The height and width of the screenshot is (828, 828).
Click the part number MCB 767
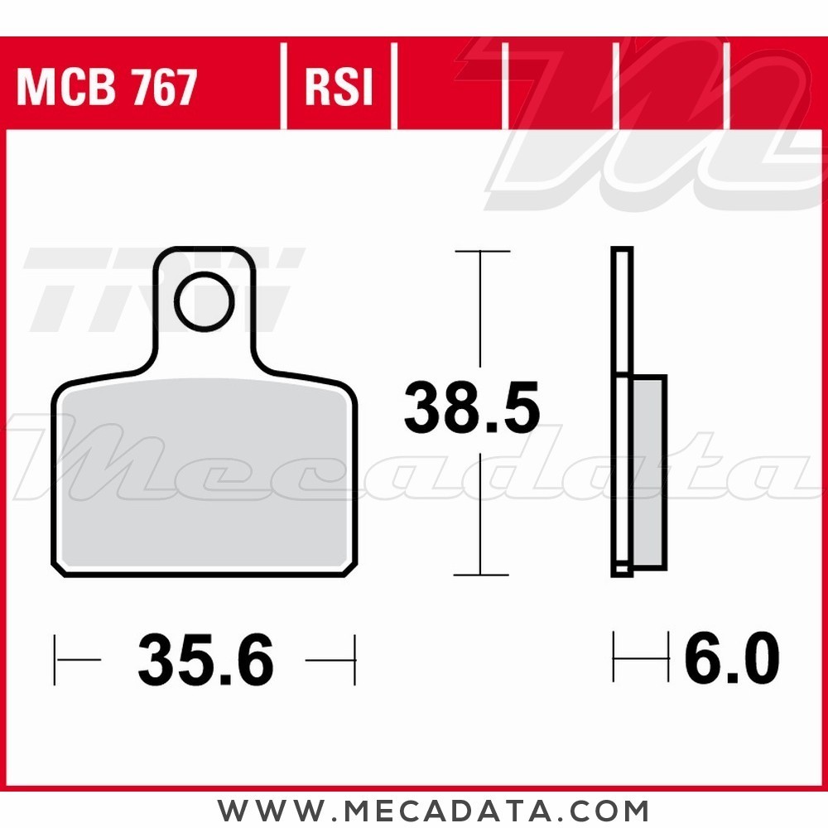pyautogui.click(x=107, y=87)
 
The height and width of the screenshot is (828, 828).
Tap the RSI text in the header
pyautogui.click(x=339, y=87)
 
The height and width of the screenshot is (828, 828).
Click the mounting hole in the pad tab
pyautogui.click(x=204, y=302)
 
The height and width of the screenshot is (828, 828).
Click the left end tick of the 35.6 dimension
pyautogui.click(x=55, y=660)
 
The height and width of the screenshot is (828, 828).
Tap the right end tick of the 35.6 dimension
pyautogui.click(x=354, y=660)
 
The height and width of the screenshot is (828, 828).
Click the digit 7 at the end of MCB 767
pyautogui.click(x=185, y=87)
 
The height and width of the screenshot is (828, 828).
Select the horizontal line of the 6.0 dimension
pyautogui.click(x=640, y=659)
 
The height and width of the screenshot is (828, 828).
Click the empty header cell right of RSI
pyautogui.click(x=450, y=87)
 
